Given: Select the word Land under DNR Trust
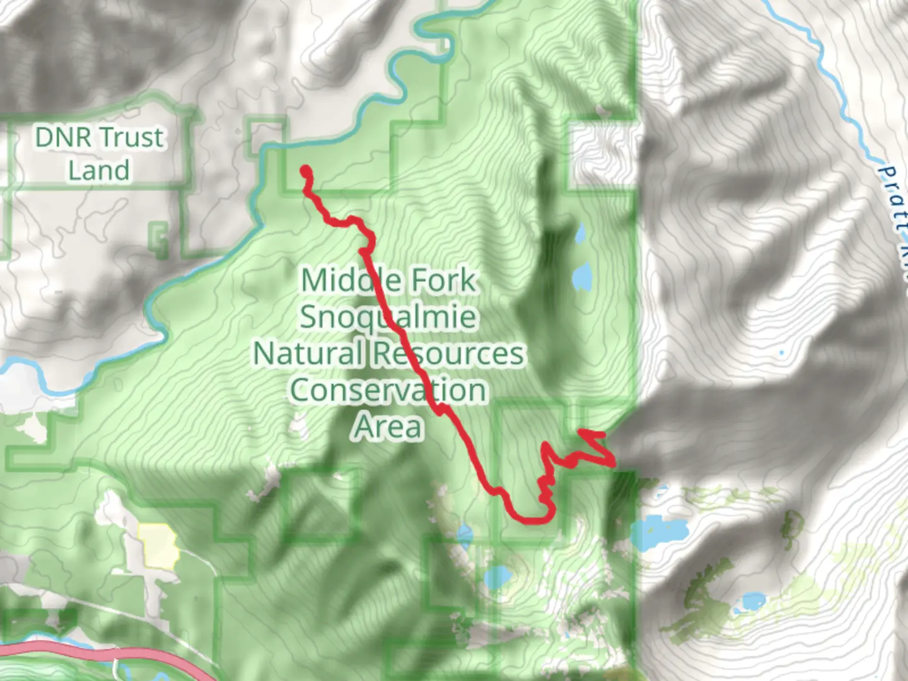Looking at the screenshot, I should (x=99, y=170).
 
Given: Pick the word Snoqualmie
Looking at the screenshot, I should (x=388, y=317).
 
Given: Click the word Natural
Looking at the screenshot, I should (x=308, y=353).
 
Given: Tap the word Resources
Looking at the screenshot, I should (x=447, y=353).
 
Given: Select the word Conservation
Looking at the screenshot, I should (x=388, y=390).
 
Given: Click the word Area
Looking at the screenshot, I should (x=388, y=427).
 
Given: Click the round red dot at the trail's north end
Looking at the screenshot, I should (x=306, y=170).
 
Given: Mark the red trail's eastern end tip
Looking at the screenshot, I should (x=580, y=432).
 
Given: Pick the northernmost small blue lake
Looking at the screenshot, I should (x=580, y=235).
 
